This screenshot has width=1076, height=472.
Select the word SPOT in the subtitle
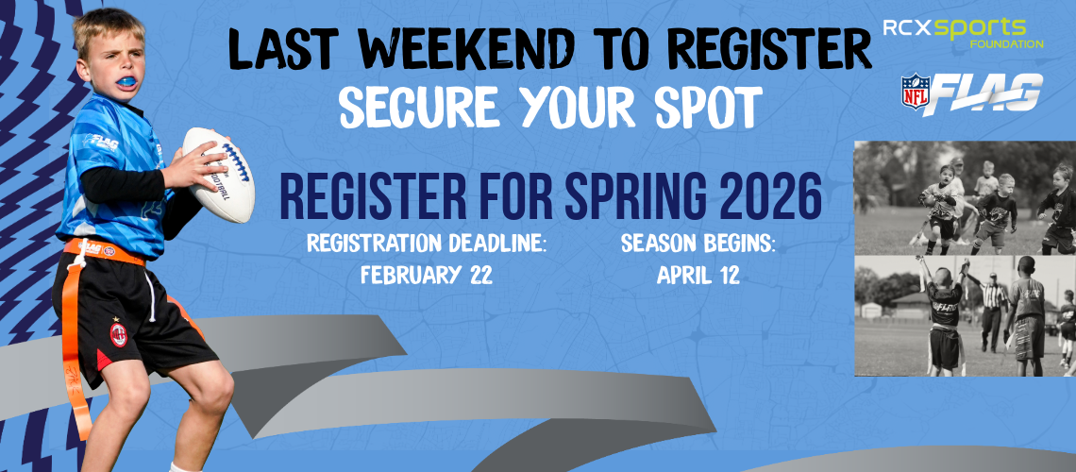(704, 110)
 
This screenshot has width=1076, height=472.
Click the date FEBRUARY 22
(427, 277)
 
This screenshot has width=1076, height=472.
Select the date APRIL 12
(698, 277)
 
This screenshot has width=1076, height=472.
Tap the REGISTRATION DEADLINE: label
(427, 244)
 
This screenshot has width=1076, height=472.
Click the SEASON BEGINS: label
(698, 244)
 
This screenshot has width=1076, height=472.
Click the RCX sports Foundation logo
(963, 30)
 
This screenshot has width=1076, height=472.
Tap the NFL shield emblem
(915, 92)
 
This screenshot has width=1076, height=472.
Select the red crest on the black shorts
(119, 333)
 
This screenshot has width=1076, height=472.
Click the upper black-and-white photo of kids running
(964, 196)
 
